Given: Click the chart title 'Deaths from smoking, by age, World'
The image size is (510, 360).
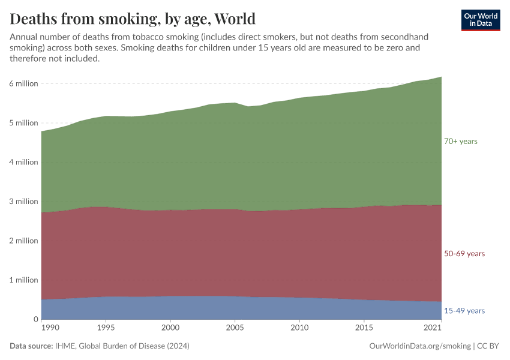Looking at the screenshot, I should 133,19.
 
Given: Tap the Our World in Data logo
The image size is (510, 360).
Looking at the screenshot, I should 480,20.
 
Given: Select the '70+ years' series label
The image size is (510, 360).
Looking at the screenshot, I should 460,141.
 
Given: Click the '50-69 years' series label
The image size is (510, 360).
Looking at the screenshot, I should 464,254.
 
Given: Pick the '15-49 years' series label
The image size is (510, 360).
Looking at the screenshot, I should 464,311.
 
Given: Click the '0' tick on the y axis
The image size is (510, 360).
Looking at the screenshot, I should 35,319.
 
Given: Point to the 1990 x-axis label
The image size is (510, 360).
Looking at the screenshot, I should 50,328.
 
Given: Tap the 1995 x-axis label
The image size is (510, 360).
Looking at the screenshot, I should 106,328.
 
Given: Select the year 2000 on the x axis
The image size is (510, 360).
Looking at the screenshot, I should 170,328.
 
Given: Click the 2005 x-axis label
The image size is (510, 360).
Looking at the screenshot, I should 235,328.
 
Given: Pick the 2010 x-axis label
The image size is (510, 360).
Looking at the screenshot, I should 299,328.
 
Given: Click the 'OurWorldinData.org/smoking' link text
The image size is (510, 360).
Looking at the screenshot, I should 419,346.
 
